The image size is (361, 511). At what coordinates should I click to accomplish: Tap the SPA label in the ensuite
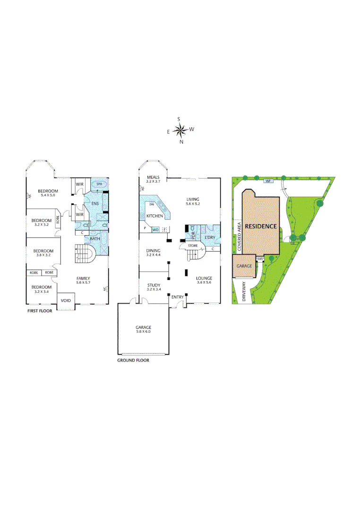(x=99, y=184)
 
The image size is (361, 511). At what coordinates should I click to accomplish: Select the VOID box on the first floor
(x=65, y=300)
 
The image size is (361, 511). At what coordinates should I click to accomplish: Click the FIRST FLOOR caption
(x=43, y=312)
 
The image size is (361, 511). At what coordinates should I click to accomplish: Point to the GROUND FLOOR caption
(x=133, y=360)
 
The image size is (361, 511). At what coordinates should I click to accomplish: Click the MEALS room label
(x=154, y=177)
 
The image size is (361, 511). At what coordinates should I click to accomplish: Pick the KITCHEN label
(x=155, y=216)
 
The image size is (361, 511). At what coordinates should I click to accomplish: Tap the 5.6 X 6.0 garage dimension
(x=143, y=332)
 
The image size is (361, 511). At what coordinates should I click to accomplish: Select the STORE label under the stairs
(x=193, y=246)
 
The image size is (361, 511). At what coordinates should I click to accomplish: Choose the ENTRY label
(x=178, y=297)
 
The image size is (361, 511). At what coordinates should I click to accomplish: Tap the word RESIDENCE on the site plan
(x=260, y=226)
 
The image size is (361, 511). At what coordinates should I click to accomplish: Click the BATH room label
(x=95, y=238)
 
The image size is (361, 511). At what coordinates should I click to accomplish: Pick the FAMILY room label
(x=83, y=278)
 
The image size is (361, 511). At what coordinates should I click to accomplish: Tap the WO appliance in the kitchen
(x=155, y=229)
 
